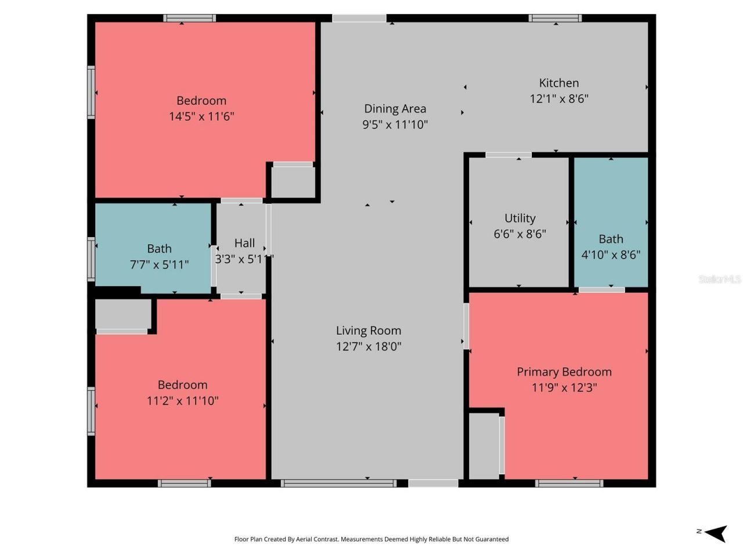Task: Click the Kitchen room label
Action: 558,83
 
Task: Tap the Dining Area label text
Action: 395,109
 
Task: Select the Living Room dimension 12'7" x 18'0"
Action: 369,346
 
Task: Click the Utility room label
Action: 520,219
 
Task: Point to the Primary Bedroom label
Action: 564,372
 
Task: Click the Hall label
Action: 244,243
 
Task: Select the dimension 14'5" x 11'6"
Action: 201,116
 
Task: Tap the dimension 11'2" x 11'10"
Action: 182,400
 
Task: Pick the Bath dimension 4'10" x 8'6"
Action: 611,255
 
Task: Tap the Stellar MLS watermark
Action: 719,280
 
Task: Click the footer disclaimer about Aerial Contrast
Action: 371,539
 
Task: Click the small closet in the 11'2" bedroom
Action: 122,314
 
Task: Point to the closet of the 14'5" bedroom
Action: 293,183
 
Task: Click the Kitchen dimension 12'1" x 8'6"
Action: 558,99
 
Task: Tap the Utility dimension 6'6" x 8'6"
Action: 520,234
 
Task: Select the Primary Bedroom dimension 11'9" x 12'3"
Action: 564,388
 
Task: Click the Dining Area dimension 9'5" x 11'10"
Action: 395,124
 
